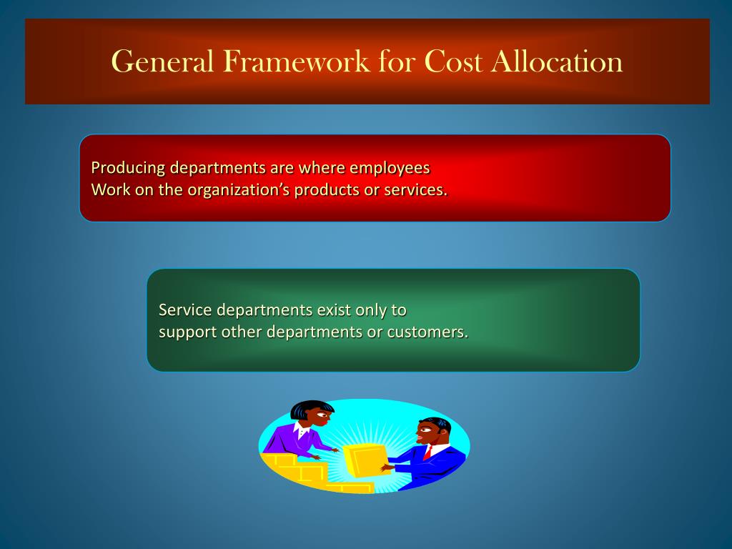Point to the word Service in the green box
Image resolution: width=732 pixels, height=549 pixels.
(x=185, y=310)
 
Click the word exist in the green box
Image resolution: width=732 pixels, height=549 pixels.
(x=339, y=310)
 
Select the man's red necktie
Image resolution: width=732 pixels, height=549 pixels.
(x=427, y=452)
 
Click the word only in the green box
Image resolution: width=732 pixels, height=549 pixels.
(x=376, y=310)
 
